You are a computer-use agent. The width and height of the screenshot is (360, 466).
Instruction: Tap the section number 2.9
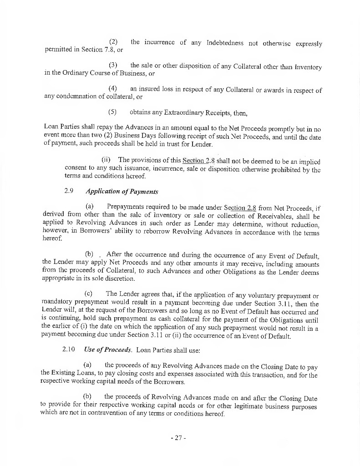pos(69,191)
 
